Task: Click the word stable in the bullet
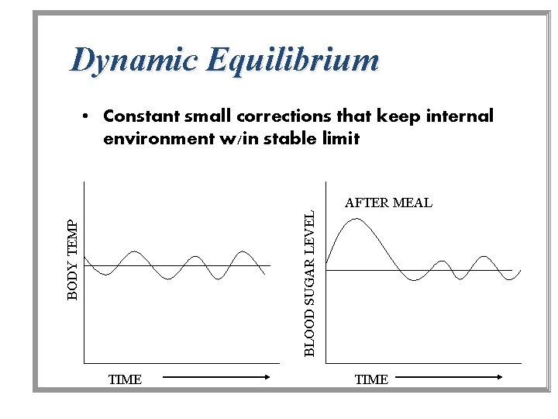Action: click(x=285, y=139)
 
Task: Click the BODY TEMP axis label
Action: click(x=73, y=258)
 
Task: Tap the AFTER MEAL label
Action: click(x=388, y=203)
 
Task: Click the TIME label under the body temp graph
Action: click(x=125, y=379)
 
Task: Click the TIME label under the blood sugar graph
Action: click(x=371, y=379)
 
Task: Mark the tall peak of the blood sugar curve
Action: click(x=355, y=220)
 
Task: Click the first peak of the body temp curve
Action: click(x=135, y=252)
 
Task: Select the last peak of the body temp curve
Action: click(x=243, y=252)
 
